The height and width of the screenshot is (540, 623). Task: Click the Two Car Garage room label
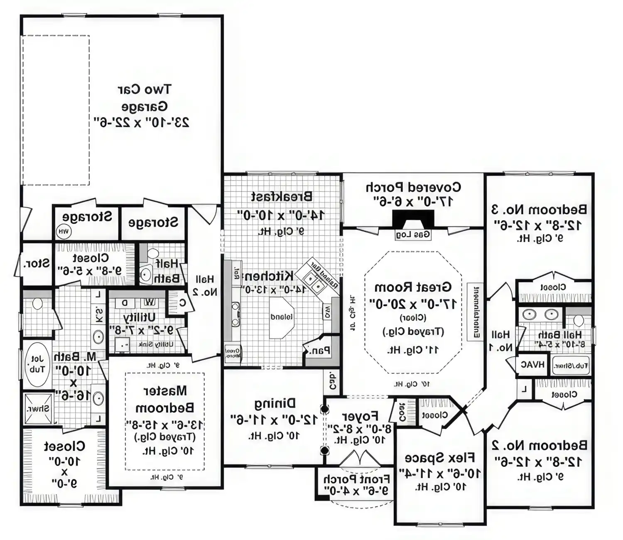pos(145,98)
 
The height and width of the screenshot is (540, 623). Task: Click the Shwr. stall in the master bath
pos(38,408)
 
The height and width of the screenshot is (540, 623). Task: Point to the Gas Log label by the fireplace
pos(413,235)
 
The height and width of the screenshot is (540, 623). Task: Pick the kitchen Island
pos(282,317)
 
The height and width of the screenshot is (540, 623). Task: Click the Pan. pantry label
pos(320,351)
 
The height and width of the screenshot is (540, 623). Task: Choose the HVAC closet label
pos(532,365)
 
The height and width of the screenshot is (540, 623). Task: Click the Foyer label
pos(360,416)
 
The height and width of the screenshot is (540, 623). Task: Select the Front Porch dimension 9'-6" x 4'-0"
pos(356,491)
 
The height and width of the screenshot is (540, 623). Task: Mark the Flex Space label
pos(439,458)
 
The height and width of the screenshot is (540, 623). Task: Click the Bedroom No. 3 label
pos(539,209)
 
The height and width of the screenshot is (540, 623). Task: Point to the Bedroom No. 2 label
pos(539,445)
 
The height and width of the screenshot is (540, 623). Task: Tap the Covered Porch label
pos(413,187)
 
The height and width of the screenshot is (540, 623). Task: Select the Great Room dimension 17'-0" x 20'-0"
pos(413,304)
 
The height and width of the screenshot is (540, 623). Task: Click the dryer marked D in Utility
pos(125,303)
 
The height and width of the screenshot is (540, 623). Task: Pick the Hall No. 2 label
pos(205,286)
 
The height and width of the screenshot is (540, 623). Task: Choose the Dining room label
pos(275,403)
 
